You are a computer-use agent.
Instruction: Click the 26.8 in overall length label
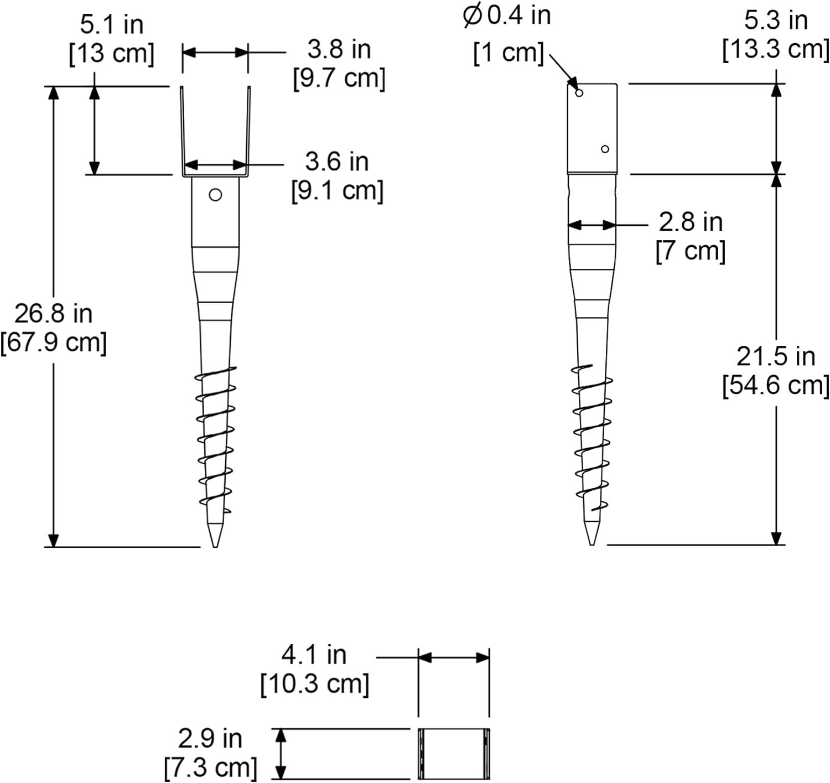(54, 314)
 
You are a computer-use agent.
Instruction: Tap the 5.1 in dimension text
(112, 25)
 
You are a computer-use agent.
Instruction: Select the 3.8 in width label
(339, 49)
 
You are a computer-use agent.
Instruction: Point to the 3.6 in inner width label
(337, 162)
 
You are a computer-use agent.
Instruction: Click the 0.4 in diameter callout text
(507, 16)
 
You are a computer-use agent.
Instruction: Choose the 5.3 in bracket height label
(776, 20)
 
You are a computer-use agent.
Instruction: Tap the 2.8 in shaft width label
(691, 222)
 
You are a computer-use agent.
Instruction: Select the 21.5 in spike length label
(776, 356)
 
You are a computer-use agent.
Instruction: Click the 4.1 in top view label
(314, 655)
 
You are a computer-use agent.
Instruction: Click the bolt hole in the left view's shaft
(215, 195)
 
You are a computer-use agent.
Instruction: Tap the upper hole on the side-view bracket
(579, 93)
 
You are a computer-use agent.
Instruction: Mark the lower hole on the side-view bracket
(605, 149)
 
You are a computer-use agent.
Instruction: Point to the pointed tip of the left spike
(215, 547)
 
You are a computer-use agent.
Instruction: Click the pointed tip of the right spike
(592, 545)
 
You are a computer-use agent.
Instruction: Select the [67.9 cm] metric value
(54, 343)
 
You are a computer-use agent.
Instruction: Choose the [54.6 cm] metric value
(776, 386)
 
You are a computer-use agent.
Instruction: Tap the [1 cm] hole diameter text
(509, 53)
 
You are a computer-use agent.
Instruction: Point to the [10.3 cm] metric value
(314, 685)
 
